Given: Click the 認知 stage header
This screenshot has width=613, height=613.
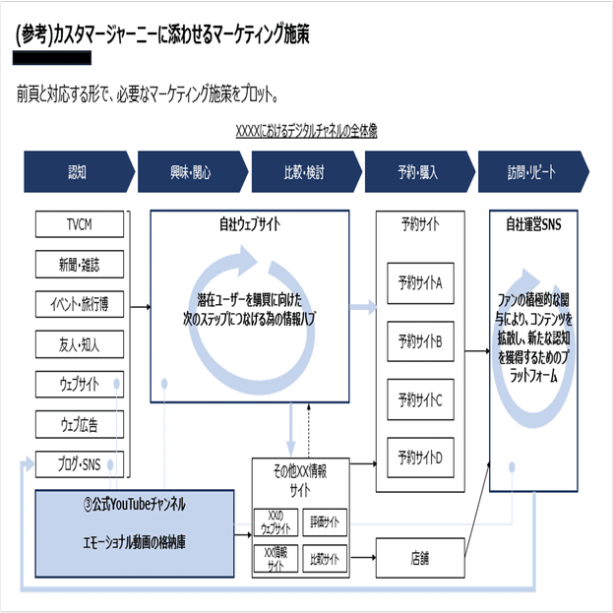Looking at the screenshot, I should tap(77, 172).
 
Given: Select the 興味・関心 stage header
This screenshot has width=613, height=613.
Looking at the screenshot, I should tap(190, 172).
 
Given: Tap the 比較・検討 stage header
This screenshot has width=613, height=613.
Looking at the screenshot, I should tap(302, 172).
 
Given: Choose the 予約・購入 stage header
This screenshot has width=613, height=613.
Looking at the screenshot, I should tap(416, 172).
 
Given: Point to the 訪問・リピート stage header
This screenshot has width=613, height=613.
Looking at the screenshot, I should tap(531, 172).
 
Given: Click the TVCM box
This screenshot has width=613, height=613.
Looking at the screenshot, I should tap(80, 225).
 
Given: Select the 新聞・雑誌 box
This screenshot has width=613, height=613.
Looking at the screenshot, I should tap(80, 265).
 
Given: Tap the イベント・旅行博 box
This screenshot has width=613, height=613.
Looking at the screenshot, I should tap(80, 304).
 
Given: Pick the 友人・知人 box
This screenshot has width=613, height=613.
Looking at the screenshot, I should tap(80, 343).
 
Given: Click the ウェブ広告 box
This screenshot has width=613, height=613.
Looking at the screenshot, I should tap(80, 423).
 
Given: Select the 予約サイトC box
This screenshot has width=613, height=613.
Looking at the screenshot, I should tap(420, 400).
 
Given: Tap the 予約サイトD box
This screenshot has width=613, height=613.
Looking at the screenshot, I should tap(420, 458).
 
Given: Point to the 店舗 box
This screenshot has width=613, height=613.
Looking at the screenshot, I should tap(420, 560).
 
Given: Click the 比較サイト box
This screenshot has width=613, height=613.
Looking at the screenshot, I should tap(324, 559).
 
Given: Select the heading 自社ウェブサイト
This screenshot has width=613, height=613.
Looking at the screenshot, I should tap(249, 224).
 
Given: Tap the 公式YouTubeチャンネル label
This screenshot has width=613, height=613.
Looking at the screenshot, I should tap(135, 504).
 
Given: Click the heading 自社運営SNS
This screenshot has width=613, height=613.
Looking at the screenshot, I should tap(533, 224).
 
